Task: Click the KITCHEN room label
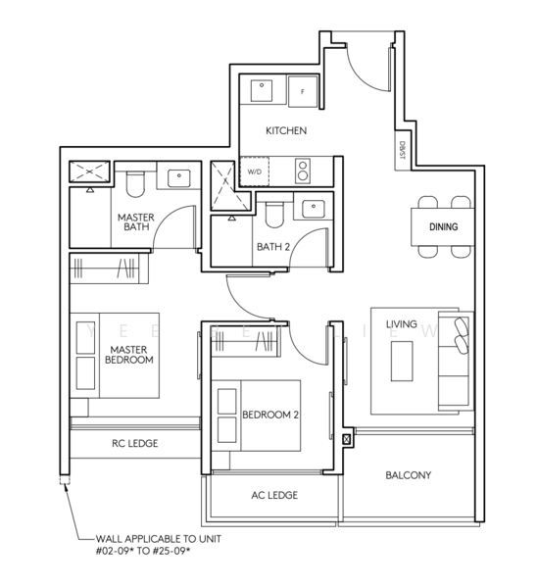click(x=286, y=130)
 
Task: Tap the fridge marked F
click(x=303, y=91)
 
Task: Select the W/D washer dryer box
click(x=254, y=171)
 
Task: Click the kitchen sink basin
click(x=262, y=90)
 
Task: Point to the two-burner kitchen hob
click(x=303, y=171)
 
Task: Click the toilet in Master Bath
click(x=135, y=184)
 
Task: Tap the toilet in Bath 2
click(x=274, y=215)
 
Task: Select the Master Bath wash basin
click(x=179, y=178)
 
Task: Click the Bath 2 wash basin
click(x=314, y=209)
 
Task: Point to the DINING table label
click(x=443, y=226)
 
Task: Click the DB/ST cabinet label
click(x=403, y=150)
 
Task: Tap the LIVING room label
click(x=402, y=324)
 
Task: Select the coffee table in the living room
click(x=402, y=361)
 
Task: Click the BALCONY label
click(x=409, y=475)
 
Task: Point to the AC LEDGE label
click(x=274, y=495)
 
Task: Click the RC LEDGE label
click(x=135, y=443)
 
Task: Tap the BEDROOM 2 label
click(x=270, y=415)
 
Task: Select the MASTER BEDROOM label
click(x=129, y=355)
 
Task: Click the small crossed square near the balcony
click(x=347, y=439)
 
